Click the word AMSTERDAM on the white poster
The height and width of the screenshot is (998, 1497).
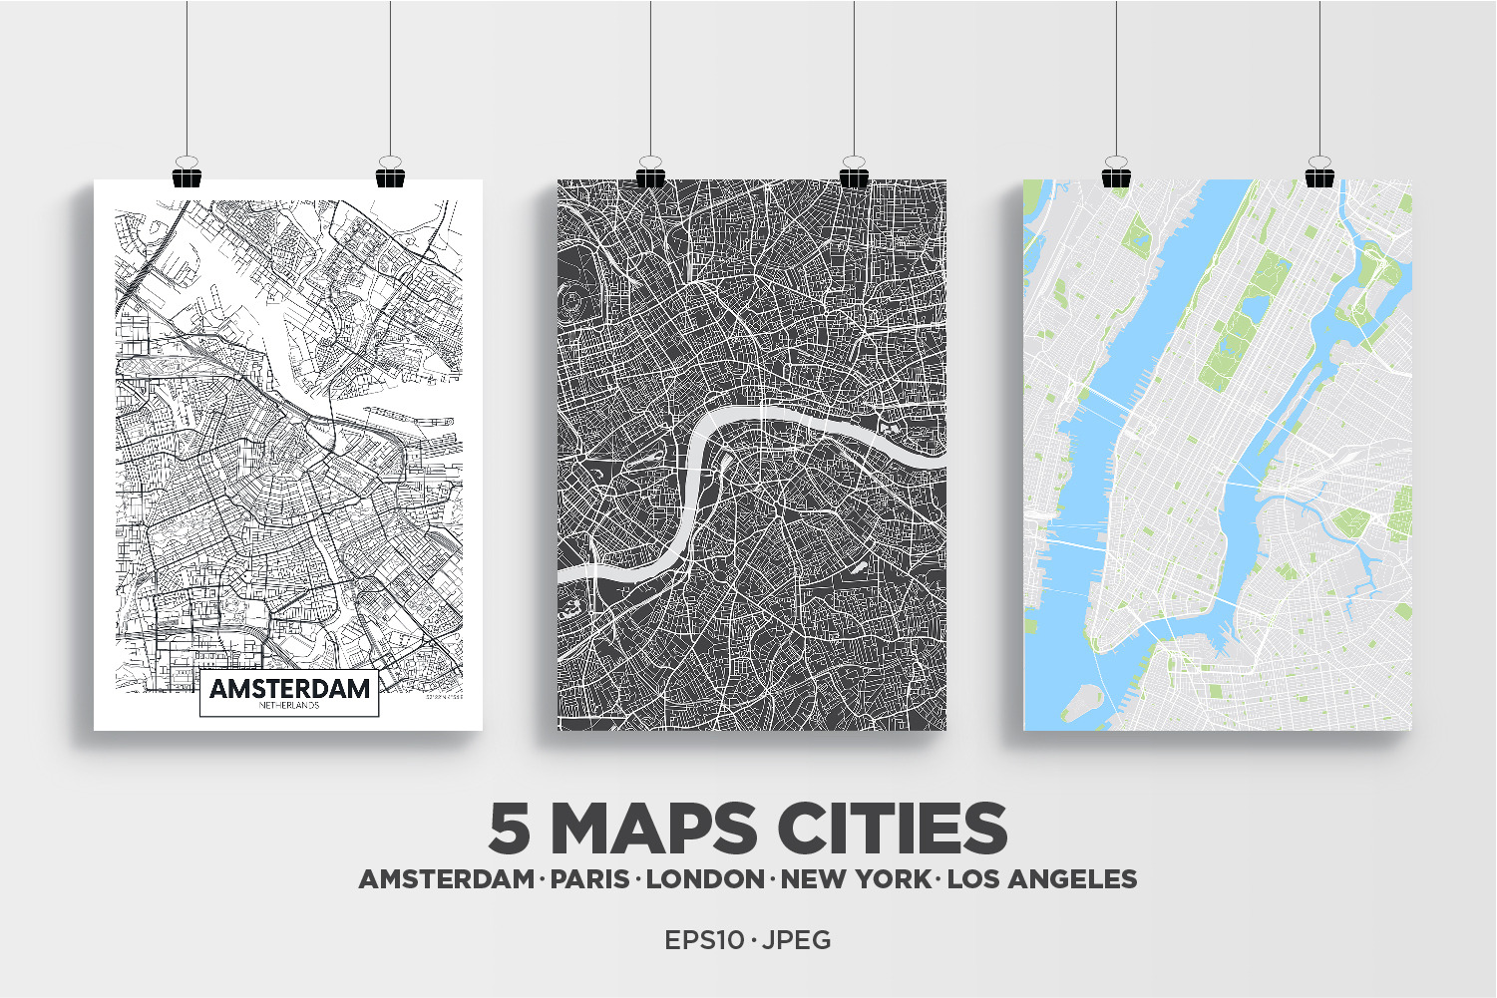[289, 688]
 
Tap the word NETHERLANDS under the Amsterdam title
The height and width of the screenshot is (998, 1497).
[289, 706]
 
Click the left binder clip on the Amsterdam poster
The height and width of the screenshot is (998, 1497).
[187, 174]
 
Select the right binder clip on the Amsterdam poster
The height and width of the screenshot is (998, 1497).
[390, 174]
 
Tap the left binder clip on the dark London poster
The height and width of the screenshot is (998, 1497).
[650, 174]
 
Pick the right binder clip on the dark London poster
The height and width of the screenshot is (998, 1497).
[854, 174]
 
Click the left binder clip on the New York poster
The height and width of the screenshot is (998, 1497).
[1116, 174]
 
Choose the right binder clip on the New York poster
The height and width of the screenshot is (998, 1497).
[1319, 174]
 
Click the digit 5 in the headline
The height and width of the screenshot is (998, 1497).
[510, 829]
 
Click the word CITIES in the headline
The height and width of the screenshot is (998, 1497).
[893, 829]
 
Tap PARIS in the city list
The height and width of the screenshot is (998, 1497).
[590, 879]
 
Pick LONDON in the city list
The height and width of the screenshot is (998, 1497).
[705, 879]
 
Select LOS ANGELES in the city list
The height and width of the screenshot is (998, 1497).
[1042, 879]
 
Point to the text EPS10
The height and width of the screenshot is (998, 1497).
[704, 940]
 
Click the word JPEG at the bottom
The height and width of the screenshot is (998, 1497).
[797, 940]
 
